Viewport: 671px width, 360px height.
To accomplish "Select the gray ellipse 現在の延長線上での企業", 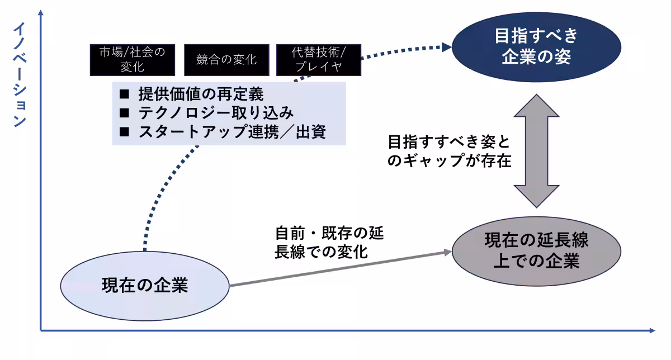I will point(536,250).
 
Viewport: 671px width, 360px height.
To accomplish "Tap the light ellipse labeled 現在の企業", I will point(145,286).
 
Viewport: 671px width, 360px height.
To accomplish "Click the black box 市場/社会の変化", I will point(132,60).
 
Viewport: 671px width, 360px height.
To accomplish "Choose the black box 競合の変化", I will point(226,60).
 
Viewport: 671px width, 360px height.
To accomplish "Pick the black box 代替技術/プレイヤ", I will point(319,60).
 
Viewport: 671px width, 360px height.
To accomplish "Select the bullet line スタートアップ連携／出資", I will point(231,132).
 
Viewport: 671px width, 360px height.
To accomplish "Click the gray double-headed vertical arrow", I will point(536,151).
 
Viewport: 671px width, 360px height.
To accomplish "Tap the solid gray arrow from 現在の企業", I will point(335,269).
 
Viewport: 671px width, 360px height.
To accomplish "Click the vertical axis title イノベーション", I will point(20,75).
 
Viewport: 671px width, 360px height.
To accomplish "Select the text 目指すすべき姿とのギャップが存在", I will point(450,150).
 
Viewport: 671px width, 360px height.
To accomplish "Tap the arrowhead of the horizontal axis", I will point(651,331).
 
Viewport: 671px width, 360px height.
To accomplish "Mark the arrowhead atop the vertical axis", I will point(41,12).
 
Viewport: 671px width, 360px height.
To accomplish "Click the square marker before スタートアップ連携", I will point(124,132).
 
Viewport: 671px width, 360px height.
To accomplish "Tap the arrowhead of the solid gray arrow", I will point(447,252).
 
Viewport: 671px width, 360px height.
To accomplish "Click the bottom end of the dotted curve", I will point(144,250).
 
